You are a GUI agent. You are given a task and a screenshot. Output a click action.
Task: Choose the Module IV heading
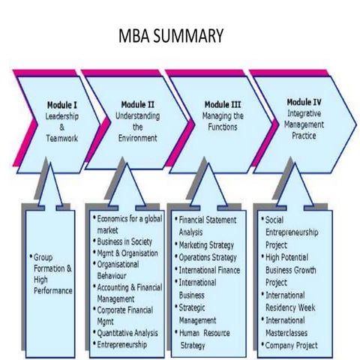(x=304, y=101)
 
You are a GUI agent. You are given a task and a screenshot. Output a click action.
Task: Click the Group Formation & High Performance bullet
(x=52, y=273)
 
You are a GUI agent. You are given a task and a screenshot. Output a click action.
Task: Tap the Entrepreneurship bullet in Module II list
(x=127, y=345)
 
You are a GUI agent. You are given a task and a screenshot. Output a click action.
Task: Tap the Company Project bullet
(x=293, y=345)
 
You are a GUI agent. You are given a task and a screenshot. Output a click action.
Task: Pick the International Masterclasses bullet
(x=295, y=326)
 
